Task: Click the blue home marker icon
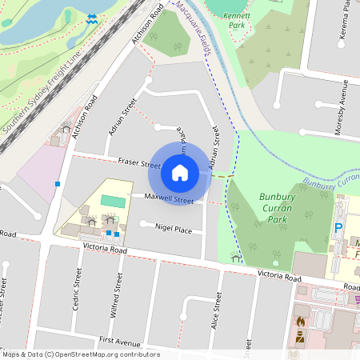pos(180,172)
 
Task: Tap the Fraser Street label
pos(140,162)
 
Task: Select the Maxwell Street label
pos(169,199)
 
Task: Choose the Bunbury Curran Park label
pos(284,208)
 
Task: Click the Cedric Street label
pos(78,288)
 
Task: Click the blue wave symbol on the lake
pos(92,18)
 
